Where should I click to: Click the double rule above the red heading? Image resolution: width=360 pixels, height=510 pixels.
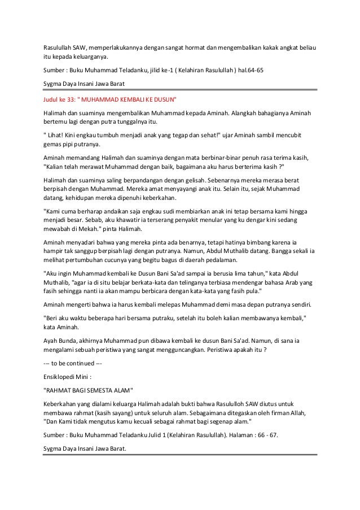[x=181, y=90]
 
